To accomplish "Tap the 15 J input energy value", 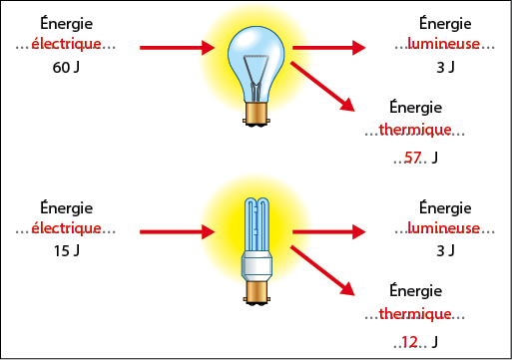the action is (x=67, y=252).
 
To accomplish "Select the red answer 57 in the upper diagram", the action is (x=414, y=158).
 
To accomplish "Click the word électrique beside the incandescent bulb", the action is (x=67, y=45).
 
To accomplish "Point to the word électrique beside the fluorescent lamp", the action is (x=67, y=229).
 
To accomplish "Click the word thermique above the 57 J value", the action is (x=416, y=130).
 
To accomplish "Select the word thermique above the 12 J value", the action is (x=416, y=314).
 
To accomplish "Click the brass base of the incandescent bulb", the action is (x=256, y=114).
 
